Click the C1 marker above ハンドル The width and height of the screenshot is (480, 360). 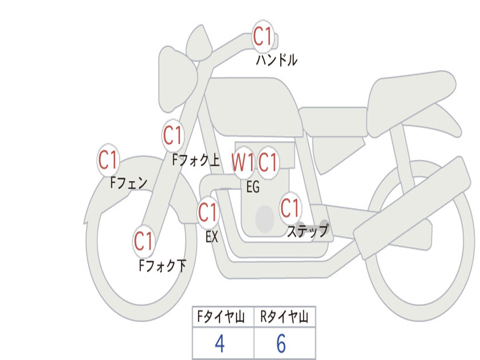(263, 37)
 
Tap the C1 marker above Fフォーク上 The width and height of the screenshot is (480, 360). (173, 135)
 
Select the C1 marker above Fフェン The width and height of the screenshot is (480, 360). (108, 160)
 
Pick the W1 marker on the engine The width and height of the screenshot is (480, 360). (243, 162)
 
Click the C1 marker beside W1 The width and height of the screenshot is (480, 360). (268, 162)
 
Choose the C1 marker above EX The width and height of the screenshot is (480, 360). (208, 212)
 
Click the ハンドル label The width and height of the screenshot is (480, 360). (277, 60)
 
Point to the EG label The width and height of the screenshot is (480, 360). (253, 187)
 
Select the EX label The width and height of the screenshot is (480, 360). (212, 237)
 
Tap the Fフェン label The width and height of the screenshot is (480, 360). (128, 183)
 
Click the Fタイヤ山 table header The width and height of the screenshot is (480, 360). (221, 316)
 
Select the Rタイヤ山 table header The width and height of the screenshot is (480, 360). (285, 316)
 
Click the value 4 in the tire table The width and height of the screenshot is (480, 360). (220, 344)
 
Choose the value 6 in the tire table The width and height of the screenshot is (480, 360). (281, 344)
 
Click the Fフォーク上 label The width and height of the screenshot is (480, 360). (196, 160)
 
